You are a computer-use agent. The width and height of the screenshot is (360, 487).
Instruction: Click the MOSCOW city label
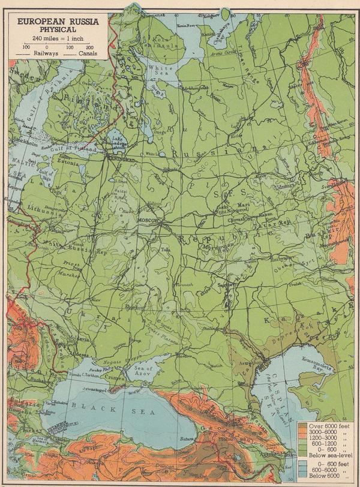[148, 221]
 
